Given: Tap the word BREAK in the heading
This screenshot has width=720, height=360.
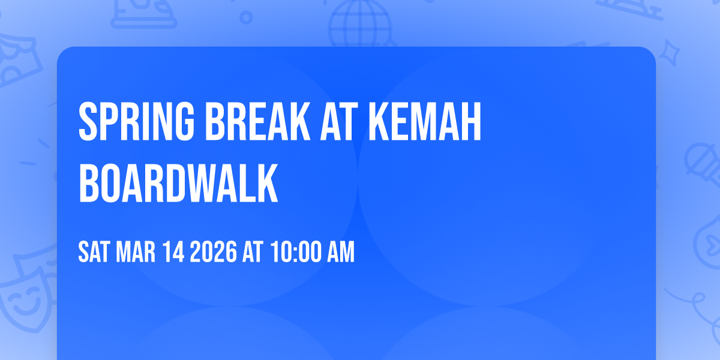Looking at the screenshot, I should (239, 122).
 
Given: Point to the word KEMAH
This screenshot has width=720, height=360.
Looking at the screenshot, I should (425, 122).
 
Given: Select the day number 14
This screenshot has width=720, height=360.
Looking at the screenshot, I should (174, 252).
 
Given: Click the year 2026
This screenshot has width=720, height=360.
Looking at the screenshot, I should (212, 252).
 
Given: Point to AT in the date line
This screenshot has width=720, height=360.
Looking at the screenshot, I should (252, 252).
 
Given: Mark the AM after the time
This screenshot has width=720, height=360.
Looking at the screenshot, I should (340, 252).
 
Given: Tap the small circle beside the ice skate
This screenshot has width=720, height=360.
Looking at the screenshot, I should (245, 18).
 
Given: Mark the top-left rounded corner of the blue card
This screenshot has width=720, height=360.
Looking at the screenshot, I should (62, 52).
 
